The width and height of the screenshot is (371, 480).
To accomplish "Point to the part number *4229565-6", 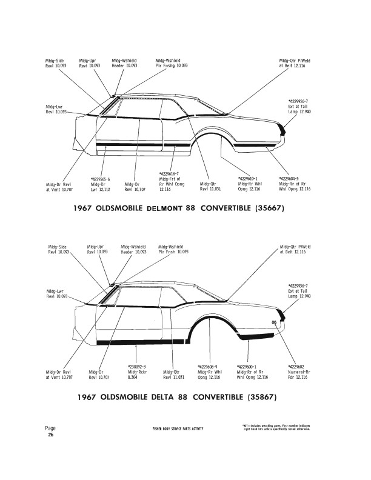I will pyautogui.click(x=101, y=179).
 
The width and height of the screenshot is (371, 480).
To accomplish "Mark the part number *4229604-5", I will pyautogui.click(x=289, y=179).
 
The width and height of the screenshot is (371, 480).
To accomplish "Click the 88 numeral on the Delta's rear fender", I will pyautogui.click(x=275, y=322).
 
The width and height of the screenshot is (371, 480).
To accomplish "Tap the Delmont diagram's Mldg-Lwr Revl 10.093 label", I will pyautogui.click(x=56, y=110).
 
